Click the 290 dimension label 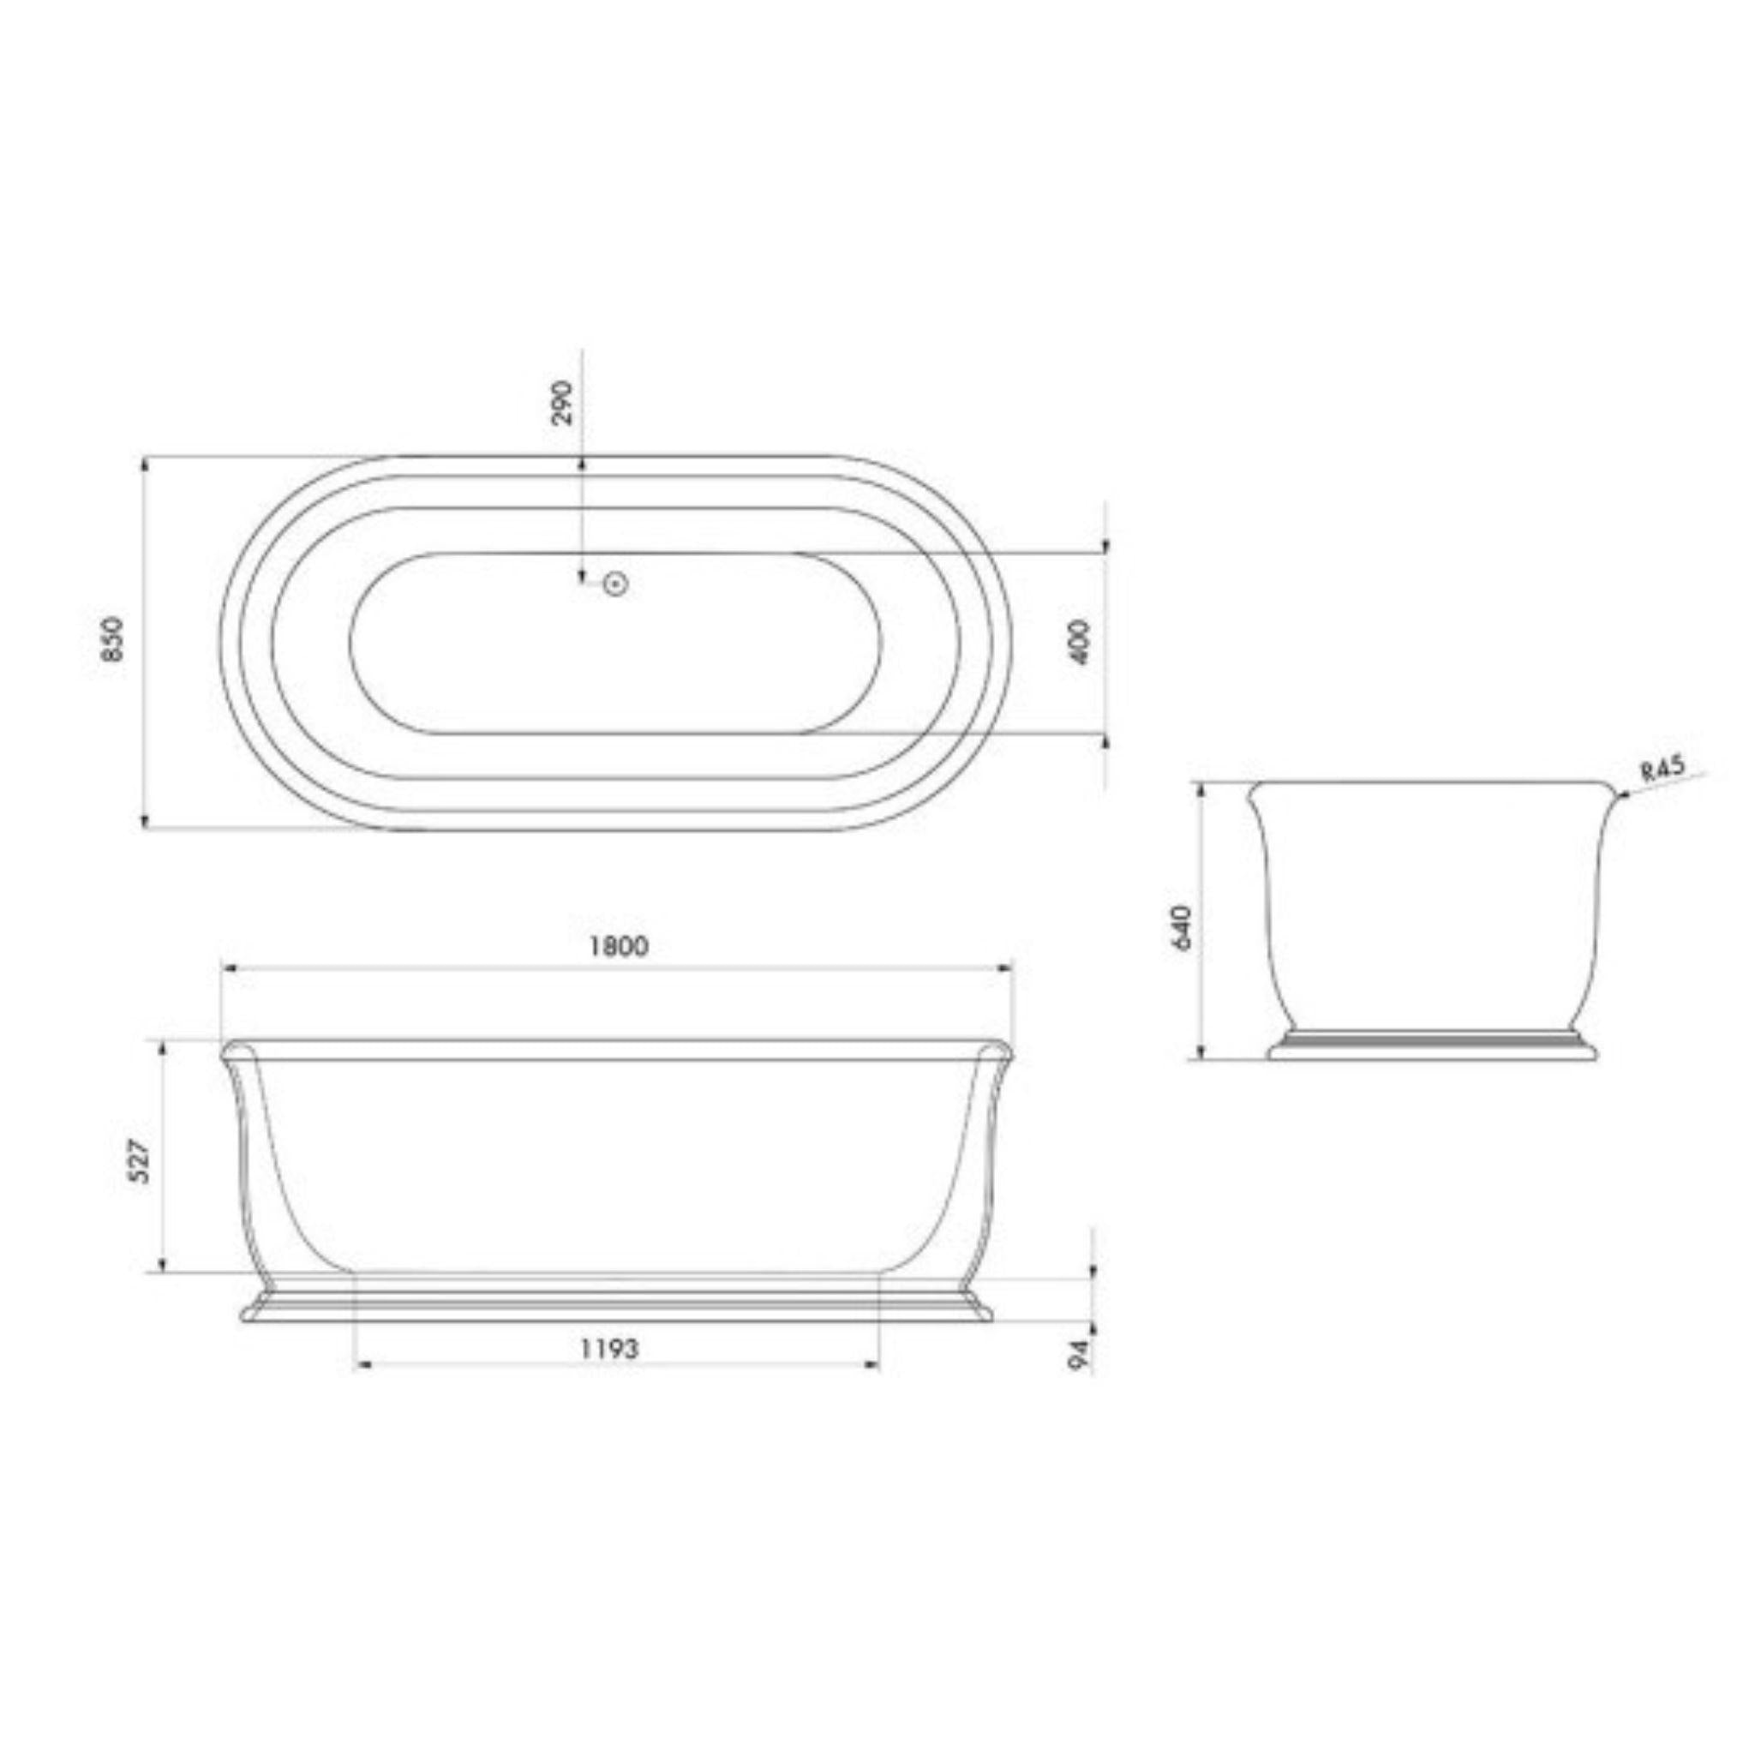564,403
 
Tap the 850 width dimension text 112,639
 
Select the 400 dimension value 1079,642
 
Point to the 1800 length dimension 618,947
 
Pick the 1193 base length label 610,1375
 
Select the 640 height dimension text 1181,926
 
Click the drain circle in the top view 617,584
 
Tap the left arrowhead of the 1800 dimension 227,969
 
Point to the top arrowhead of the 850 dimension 146,465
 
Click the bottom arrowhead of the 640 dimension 1201,1054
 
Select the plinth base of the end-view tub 1433,1049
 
